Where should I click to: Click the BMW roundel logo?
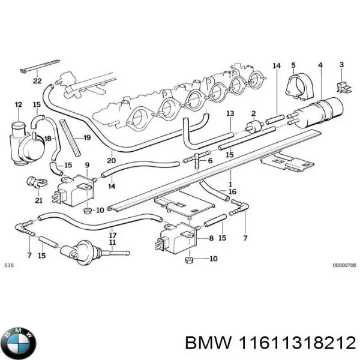pyautogui.click(x=19, y=343)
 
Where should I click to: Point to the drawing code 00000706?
pyautogui.click(x=344, y=265)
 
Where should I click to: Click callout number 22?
pyautogui.click(x=37, y=81)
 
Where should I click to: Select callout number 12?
pyautogui.click(x=19, y=105)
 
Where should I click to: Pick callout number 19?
pyautogui.click(x=87, y=138)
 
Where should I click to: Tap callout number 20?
pyautogui.click(x=110, y=160)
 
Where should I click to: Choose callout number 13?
pyautogui.click(x=229, y=113)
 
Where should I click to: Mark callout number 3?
pyautogui.click(x=341, y=65)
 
